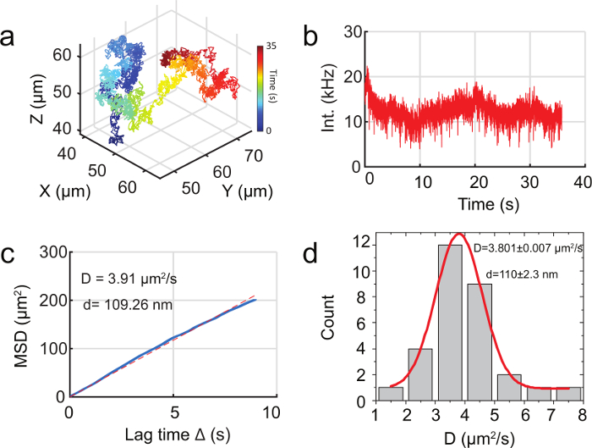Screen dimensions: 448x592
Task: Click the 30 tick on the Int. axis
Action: (x=353, y=31)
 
